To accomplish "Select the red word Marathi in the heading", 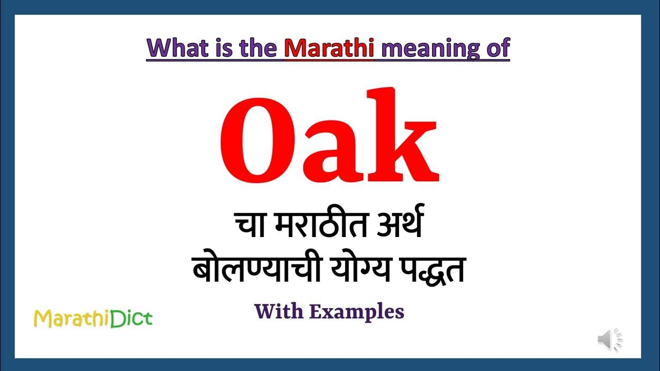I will pos(329,48).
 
